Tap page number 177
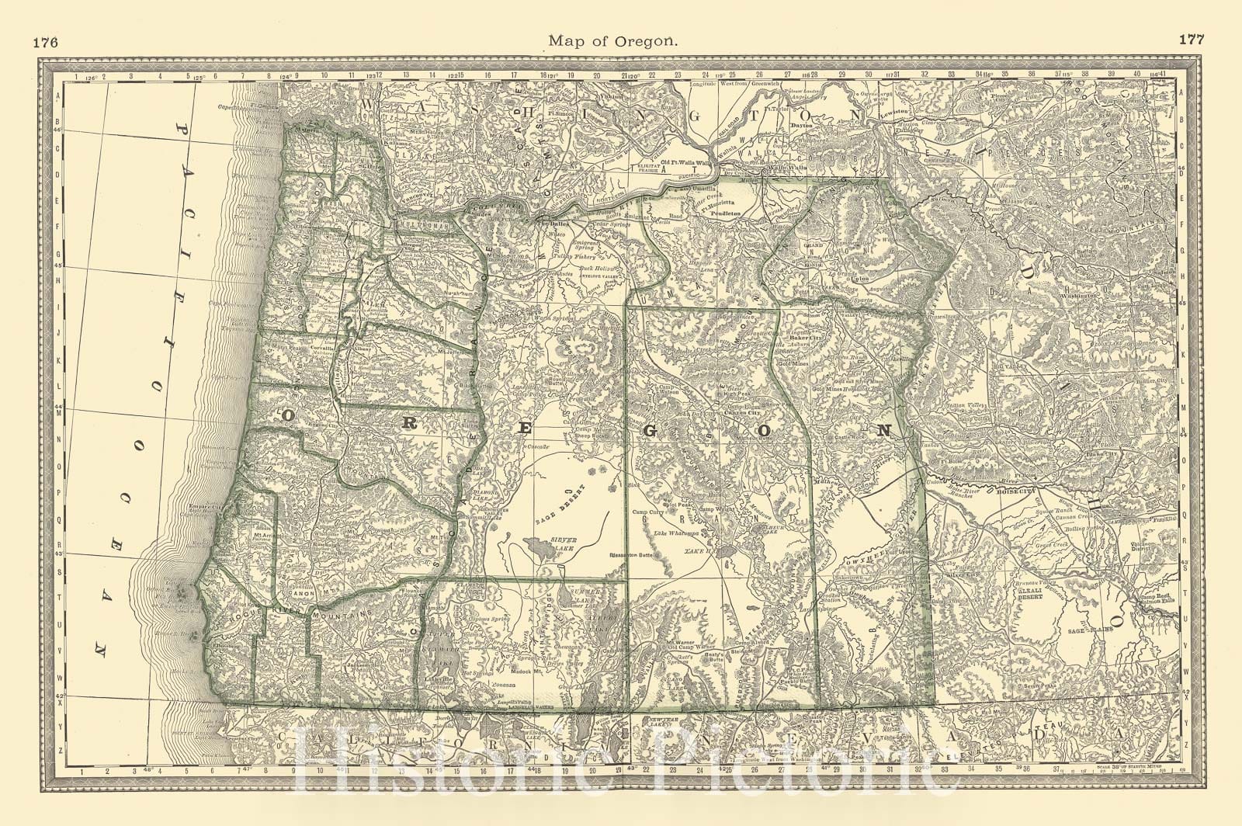[x=1191, y=40]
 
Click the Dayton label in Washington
[x=800, y=124]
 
